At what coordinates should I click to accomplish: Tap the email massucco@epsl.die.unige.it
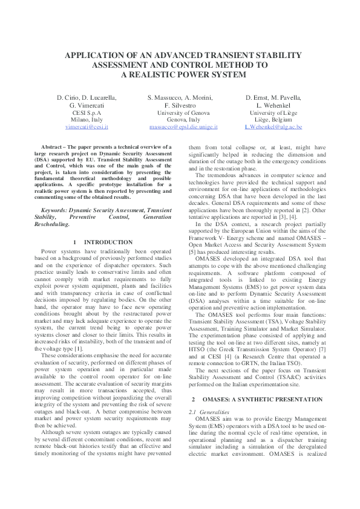coord(183,128)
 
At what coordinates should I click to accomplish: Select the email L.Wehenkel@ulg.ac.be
coord(273,128)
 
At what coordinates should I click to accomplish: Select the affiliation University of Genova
coord(183,112)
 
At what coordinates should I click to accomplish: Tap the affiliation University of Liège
coord(273,112)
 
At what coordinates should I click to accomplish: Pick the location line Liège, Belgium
coord(273,120)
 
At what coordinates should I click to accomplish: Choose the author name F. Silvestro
coord(183,105)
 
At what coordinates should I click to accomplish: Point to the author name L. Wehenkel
coord(273,105)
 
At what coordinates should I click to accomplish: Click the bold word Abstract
coord(53,148)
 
